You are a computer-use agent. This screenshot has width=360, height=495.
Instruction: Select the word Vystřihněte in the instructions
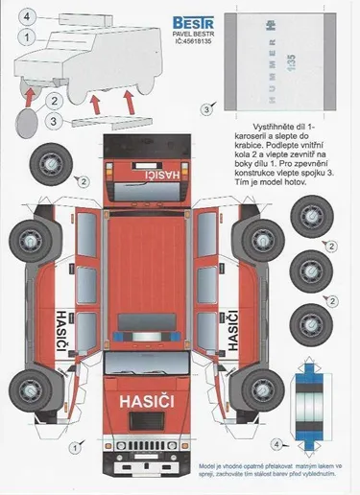pyautogui.click(x=252, y=126)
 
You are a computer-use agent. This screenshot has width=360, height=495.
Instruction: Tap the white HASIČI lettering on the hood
pyautogui.click(x=147, y=397)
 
